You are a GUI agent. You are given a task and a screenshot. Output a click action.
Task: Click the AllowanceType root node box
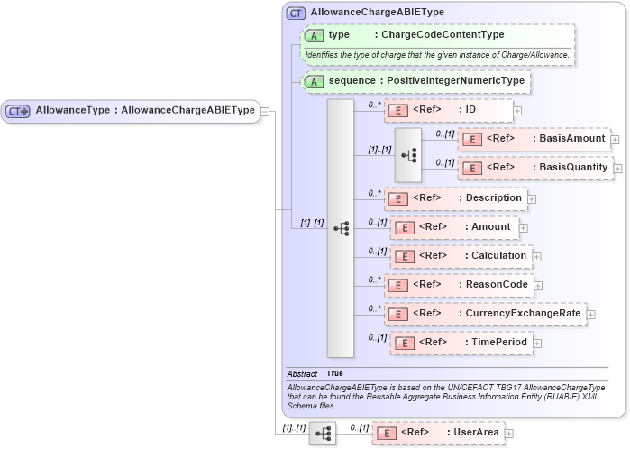131,111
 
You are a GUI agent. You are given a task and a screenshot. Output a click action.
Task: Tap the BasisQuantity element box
535,168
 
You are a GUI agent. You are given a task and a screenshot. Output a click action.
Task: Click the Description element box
455,198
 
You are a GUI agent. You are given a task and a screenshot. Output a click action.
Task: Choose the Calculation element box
461,256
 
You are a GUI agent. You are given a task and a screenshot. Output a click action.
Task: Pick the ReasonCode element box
459,285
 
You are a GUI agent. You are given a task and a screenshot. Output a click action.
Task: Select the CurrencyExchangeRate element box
485,314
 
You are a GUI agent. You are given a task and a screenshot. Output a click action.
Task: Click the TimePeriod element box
457,343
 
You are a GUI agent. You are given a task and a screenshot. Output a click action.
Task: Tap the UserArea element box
438,433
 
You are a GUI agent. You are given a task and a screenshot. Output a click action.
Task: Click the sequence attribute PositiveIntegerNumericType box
415,81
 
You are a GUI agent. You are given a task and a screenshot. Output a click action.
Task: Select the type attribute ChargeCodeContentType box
437,35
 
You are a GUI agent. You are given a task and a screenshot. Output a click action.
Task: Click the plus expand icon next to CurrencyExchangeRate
591,315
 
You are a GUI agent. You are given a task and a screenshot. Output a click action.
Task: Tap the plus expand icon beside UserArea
510,434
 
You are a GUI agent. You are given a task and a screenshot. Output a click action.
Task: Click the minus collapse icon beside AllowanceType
266,111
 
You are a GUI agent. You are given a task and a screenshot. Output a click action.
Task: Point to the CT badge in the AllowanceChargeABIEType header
296,14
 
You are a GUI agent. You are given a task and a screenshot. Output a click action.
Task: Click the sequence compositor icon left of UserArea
322,434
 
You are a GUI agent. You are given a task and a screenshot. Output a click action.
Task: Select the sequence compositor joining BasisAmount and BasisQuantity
408,154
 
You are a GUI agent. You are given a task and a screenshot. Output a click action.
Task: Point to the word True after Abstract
334,373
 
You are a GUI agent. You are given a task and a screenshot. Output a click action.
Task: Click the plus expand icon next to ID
517,111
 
